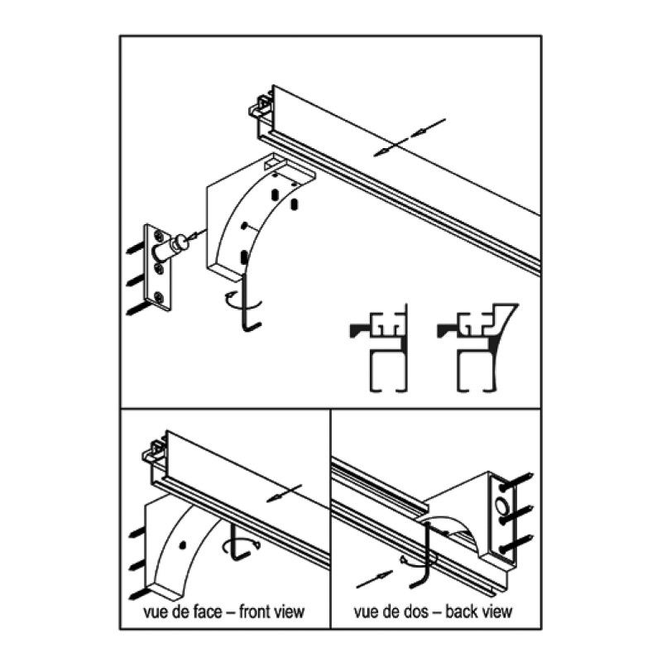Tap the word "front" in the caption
pos(256,612)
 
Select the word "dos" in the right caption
pos(418,612)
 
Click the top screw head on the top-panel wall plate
pos(159,236)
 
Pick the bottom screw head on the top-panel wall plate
pos(159,297)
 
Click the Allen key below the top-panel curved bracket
pos(245,302)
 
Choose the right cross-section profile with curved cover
pos(477,348)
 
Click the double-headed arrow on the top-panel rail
pos(410,137)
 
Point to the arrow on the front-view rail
pos(284,493)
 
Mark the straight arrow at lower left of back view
pos(375,578)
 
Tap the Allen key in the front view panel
pos(238,543)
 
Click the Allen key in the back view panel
pos(422,555)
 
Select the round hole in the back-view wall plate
pos(503,505)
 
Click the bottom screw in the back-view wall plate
pos(516,543)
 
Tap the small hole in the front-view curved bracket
pos(182,545)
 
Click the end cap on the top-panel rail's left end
pos(260,106)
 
